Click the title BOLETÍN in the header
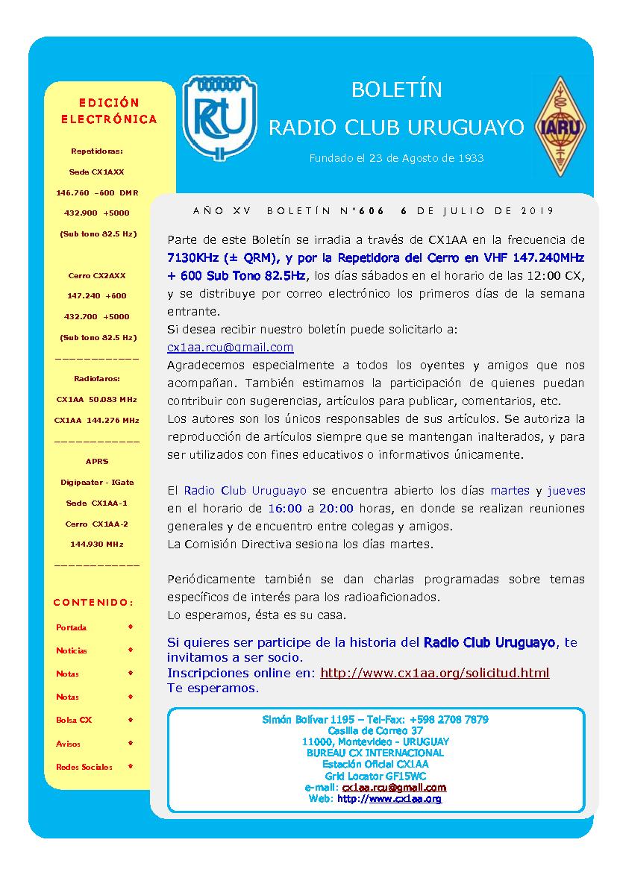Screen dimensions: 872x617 point(396,90)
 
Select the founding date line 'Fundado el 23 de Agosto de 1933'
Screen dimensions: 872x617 point(396,158)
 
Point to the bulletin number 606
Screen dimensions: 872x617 point(372,211)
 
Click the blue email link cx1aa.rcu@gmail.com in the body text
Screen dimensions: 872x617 point(230,348)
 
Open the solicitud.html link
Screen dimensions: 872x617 point(434,673)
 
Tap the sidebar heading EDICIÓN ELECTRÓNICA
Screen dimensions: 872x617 point(109,110)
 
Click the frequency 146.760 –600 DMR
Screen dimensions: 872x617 point(97,192)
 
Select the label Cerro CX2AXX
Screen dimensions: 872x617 point(97,275)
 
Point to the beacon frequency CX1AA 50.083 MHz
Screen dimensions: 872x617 point(97,399)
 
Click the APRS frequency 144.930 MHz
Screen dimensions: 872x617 point(97,544)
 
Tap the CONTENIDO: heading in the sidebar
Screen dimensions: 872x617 point(93,602)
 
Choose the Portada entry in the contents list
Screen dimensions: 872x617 point(72,627)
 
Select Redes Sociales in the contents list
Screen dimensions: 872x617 point(84,767)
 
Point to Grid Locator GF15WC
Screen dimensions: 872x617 point(375,776)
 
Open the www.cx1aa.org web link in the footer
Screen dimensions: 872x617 point(404,798)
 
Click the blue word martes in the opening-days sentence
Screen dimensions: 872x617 point(510,491)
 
